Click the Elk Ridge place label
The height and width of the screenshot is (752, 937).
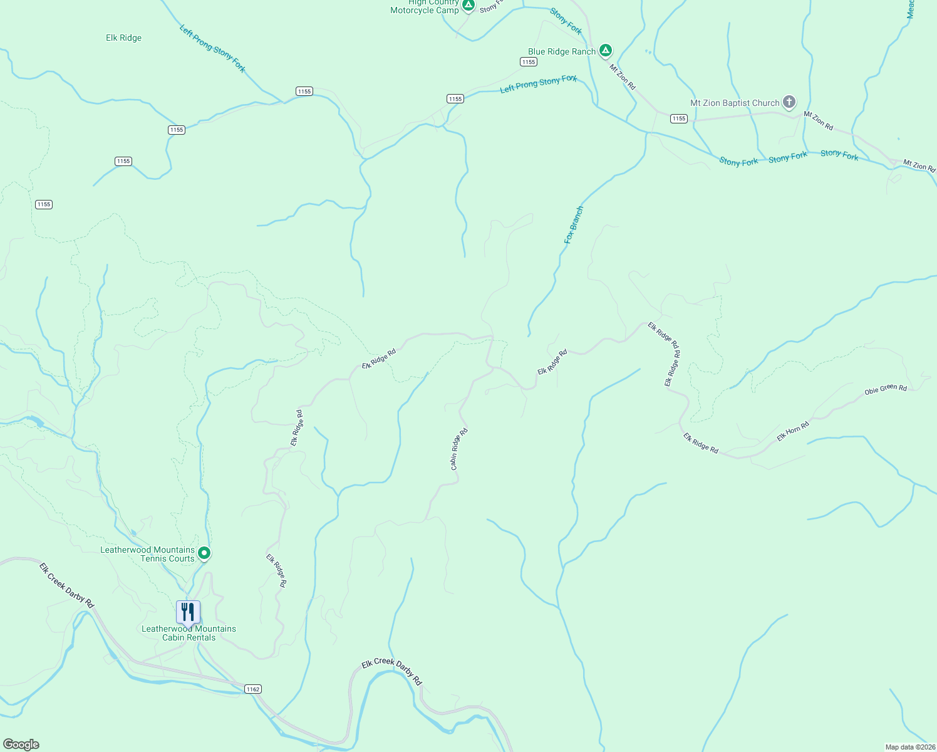click(x=123, y=38)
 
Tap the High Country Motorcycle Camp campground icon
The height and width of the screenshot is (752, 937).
click(x=468, y=6)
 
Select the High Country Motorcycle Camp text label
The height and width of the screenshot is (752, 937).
click(x=425, y=6)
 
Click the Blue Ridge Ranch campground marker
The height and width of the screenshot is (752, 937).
click(x=605, y=51)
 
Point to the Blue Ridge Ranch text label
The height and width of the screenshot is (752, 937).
click(x=561, y=52)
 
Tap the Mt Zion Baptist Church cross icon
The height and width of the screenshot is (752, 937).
click(x=789, y=102)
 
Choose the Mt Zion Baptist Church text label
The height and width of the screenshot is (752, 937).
click(x=735, y=103)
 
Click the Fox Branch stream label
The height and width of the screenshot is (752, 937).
click(x=573, y=225)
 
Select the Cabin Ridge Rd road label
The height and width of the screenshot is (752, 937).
click(x=459, y=449)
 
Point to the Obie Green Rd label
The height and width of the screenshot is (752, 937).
click(x=885, y=390)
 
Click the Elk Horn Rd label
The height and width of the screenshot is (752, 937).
click(x=793, y=432)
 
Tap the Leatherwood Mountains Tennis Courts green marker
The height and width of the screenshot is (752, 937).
click(x=204, y=553)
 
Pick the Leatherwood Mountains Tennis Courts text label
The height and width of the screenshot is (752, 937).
click(x=148, y=554)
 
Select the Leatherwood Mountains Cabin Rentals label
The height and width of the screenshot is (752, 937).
click(x=189, y=633)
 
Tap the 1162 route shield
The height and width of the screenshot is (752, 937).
click(x=252, y=689)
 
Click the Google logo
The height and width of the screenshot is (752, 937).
click(x=21, y=744)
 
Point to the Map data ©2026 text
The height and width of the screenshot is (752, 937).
click(x=909, y=747)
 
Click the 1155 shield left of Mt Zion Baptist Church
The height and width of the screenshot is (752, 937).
click(x=678, y=118)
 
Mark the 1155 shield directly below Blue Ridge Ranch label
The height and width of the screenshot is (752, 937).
click(x=528, y=61)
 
